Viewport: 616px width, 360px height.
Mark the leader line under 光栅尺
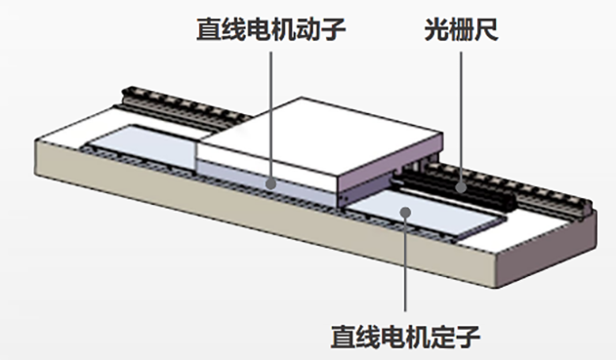point(462,107)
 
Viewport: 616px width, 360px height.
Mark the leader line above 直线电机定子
point(405,263)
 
